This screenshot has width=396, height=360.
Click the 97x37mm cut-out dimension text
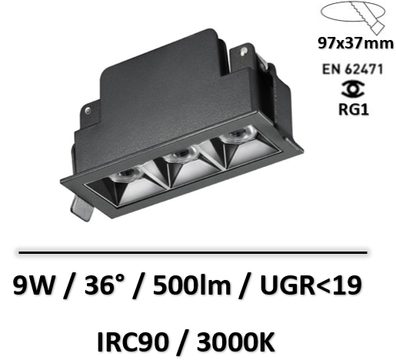tap(355, 43)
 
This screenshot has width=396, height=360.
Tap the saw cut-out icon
tap(353, 18)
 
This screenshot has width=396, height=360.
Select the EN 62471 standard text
tap(352, 69)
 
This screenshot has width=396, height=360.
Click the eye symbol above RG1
tap(353, 89)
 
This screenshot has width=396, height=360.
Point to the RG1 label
tap(354, 109)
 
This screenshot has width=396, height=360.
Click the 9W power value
tap(35, 285)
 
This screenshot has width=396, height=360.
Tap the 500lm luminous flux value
tap(191, 285)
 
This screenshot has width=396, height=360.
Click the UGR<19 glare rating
tap(311, 285)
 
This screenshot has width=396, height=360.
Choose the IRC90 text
tap(133, 342)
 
